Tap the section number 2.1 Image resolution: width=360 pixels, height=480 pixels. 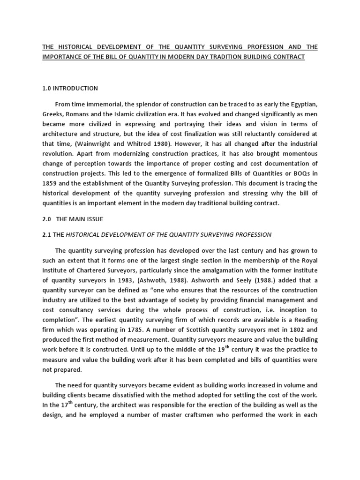[x=47, y=234]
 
